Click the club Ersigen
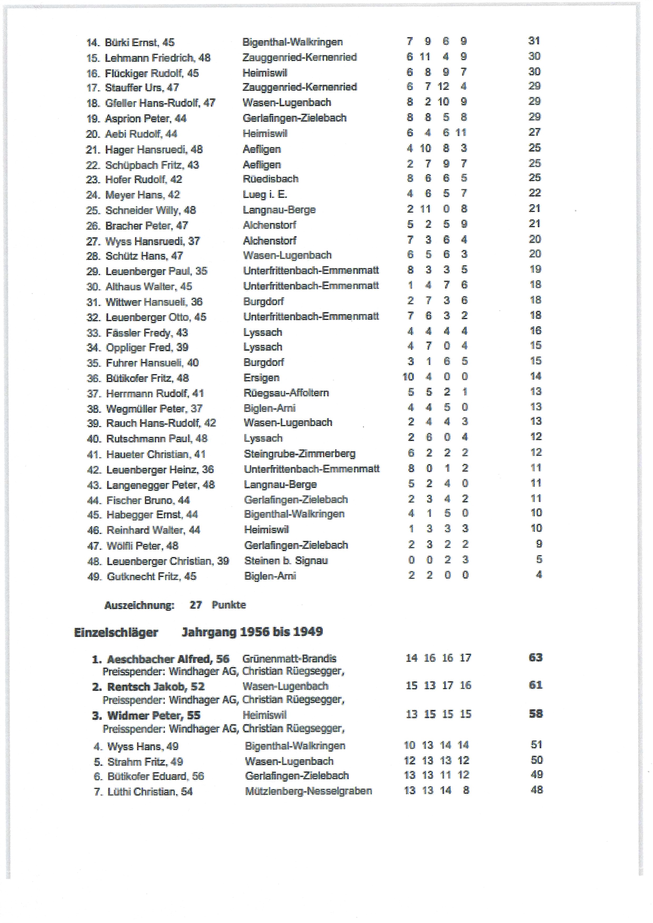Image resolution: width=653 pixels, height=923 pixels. coord(261,378)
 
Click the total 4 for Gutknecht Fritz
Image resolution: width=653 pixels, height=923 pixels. coord(539,575)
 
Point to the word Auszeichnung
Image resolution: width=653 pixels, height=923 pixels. coord(139,606)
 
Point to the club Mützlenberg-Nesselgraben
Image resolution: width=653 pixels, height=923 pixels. coord(308,791)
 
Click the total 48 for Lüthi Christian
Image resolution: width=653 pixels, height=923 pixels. coord(536,790)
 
